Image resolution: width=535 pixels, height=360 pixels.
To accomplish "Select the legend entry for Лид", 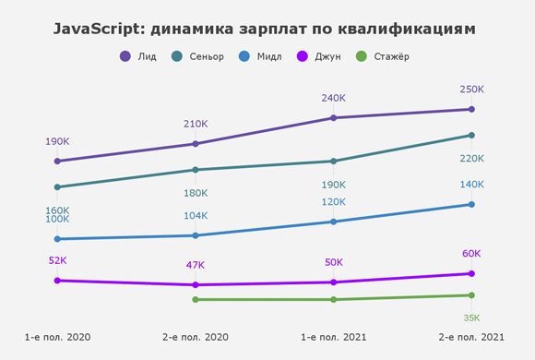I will tap(139, 56).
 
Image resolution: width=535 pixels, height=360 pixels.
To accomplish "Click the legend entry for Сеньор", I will tap(198, 56).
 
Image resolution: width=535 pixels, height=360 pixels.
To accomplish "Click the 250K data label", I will tap(471, 90).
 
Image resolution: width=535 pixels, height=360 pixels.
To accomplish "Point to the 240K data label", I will tap(333, 98).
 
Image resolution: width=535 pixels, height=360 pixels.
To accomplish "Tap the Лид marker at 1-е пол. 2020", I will tap(57, 162).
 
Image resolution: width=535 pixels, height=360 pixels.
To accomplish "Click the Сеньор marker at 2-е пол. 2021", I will tap(471, 136).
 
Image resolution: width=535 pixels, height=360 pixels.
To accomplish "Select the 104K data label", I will tap(196, 216).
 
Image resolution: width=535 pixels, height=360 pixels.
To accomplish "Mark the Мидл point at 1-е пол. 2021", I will tap(333, 222).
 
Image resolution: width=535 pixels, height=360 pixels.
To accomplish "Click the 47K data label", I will tap(196, 265).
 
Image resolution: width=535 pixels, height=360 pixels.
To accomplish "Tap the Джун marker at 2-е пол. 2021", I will tap(471, 273).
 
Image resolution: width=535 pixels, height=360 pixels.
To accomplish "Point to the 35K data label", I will tap(471, 318).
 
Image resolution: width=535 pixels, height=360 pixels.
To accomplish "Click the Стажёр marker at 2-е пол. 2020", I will tap(196, 299).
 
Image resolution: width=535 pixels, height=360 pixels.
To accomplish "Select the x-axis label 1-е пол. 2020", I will tap(57, 338).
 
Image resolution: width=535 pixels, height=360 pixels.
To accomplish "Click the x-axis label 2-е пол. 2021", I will tap(471, 338).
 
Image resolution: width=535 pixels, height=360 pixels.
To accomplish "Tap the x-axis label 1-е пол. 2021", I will tap(333, 338).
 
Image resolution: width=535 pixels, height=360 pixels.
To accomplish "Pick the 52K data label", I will tap(57, 260).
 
